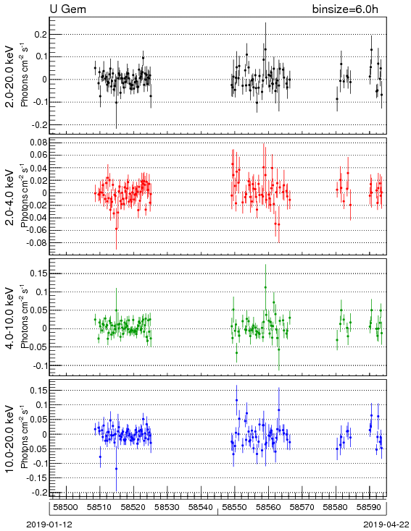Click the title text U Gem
pyautogui.click(x=68, y=9)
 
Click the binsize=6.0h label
pyautogui.click(x=345, y=9)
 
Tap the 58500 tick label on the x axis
pyautogui.click(x=66, y=507)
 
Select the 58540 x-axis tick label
pyautogui.click(x=201, y=507)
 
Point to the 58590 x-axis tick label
pyautogui.click(x=369, y=507)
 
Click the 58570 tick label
pyautogui.click(x=302, y=507)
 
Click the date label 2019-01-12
pyautogui.click(x=49, y=524)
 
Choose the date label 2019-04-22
pyautogui.click(x=386, y=524)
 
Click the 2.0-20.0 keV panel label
pyautogui.click(x=10, y=77)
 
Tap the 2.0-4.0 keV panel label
pyautogui.click(x=10, y=197)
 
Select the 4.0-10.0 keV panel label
pyautogui.click(x=10, y=318)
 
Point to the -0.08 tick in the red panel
pyautogui.click(x=37, y=243)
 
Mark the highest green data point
pyautogui.click(x=265, y=287)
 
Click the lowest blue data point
pyautogui.click(x=116, y=469)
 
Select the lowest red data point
pyautogui.click(x=116, y=229)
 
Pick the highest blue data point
pyautogui.click(x=236, y=400)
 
